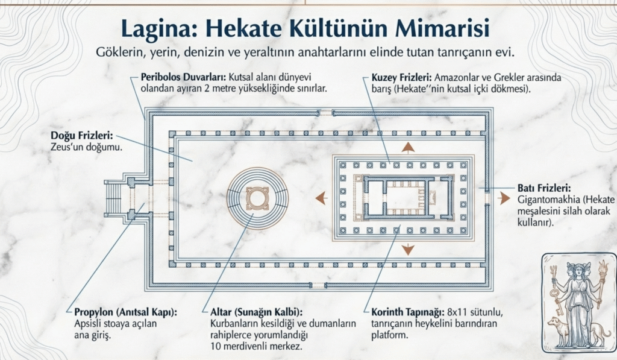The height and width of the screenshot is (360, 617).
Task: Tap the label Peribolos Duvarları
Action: pyautogui.click(x=183, y=77)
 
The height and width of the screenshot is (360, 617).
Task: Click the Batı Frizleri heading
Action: pyautogui.click(x=544, y=189)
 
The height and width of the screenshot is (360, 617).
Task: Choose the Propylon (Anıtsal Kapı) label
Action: pyautogui.click(x=126, y=312)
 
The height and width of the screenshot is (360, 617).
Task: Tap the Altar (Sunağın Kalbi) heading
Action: pyautogui.click(x=257, y=312)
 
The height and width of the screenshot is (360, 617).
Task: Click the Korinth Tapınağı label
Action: pyautogui.click(x=408, y=313)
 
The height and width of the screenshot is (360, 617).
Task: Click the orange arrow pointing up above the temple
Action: pyautogui.click(x=408, y=148)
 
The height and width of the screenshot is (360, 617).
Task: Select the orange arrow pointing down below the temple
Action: pyautogui.click(x=408, y=249)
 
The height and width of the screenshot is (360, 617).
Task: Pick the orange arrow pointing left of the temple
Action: pyautogui.click(x=322, y=198)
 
